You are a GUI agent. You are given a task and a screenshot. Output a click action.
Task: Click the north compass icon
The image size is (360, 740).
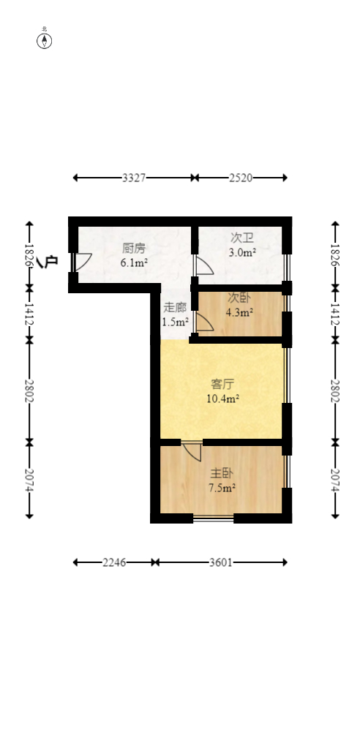coord(45,40)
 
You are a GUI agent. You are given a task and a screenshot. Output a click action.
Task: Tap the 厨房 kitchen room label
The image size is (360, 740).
coord(134,248)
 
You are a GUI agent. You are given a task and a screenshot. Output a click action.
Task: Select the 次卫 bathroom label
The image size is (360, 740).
coord(242,238)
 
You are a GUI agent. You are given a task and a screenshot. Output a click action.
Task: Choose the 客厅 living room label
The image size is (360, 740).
coord(223,384)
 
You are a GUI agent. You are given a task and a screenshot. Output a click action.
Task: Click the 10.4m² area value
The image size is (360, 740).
coord(223,399)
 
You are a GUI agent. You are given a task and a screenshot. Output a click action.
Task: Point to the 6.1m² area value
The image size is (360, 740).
coord(134,263)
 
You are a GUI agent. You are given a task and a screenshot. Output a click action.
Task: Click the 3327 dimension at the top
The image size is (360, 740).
coord(133,178)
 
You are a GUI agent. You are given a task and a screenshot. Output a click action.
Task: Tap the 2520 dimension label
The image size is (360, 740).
coord(241,178)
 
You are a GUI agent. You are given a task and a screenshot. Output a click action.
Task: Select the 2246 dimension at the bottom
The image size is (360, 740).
coord(114,562)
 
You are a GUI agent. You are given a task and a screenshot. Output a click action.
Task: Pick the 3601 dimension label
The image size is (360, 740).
coord(220,562)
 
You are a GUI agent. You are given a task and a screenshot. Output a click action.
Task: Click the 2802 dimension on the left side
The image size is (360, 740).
coord(29,391)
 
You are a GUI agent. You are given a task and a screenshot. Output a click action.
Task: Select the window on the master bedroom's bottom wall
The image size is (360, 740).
coord(213,518)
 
